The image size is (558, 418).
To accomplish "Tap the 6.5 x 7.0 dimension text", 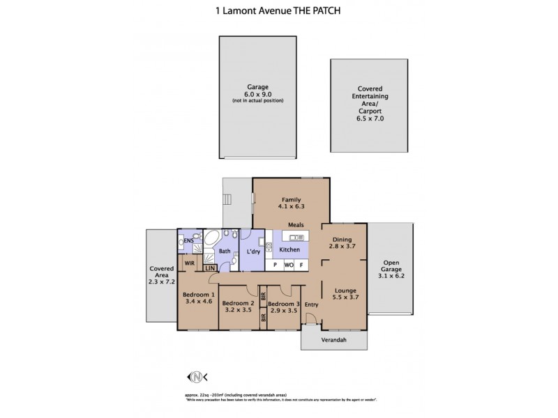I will tap(370, 119).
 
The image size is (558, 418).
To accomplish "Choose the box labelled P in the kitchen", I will tap(275, 265).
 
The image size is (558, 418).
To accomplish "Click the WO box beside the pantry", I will tap(288, 265).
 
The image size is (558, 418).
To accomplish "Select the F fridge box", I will tap(301, 265).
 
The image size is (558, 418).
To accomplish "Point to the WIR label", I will tap(189, 263).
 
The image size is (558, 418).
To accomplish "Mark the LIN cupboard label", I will tap(209, 268).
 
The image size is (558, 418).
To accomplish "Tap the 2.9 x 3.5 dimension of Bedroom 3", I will tap(283, 311).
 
